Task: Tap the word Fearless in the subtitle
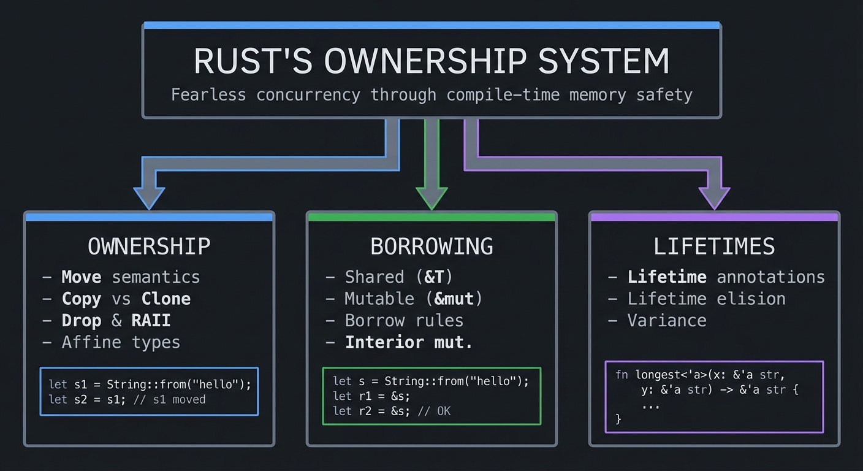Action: tap(208, 95)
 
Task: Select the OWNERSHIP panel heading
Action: tap(149, 247)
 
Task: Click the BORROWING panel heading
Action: tap(431, 247)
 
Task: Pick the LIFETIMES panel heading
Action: tap(714, 247)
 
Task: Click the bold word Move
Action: tap(81, 277)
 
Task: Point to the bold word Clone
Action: tap(166, 299)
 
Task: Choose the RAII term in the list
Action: tap(151, 320)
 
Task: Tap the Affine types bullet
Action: tap(121, 342)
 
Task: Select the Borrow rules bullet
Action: tap(404, 320)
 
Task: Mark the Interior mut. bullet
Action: tap(409, 342)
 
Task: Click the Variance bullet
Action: tap(667, 320)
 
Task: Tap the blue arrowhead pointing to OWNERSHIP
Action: tap(149, 197)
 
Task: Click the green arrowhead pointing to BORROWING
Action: tap(431, 197)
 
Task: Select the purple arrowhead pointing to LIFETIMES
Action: tap(714, 197)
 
